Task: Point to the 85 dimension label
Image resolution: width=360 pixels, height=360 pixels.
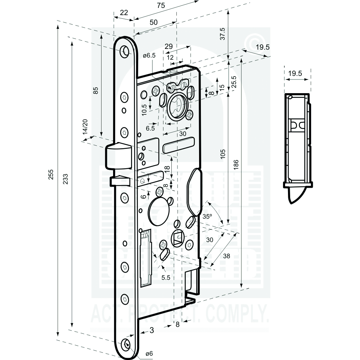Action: coord(95,90)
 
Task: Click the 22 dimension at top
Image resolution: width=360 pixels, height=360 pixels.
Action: coord(123,13)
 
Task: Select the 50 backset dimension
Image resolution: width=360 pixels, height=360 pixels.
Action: coord(153,22)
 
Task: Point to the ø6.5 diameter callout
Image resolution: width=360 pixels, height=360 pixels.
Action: coord(149,56)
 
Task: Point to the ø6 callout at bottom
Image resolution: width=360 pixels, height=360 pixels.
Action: coord(149,353)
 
